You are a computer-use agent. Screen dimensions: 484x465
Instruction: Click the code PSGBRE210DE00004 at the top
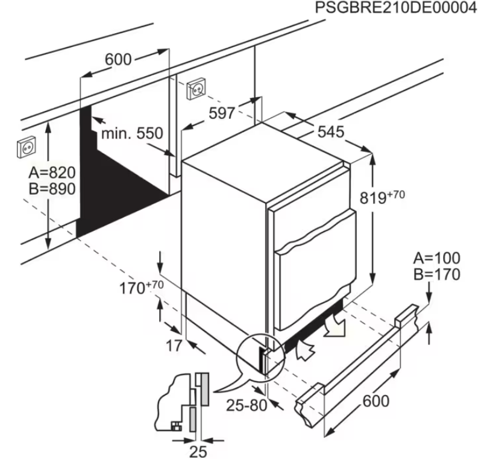pyautogui.click(x=396, y=8)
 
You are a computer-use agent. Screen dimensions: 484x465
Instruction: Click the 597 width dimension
pyautogui.click(x=222, y=113)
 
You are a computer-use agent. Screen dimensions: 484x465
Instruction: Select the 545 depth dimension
pyautogui.click(x=330, y=132)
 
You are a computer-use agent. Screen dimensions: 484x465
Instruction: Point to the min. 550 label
pyautogui.click(x=132, y=133)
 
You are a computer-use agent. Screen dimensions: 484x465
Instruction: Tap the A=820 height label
pyautogui.click(x=52, y=172)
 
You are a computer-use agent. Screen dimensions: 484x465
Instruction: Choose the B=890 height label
pyautogui.click(x=52, y=189)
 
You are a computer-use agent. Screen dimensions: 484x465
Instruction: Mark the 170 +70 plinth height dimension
pyautogui.click(x=142, y=287)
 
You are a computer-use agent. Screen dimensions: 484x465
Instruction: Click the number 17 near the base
pyautogui.click(x=174, y=346)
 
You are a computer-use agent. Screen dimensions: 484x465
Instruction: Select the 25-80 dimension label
pyautogui.click(x=247, y=405)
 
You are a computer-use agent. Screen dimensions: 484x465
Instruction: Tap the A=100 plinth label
pyautogui.click(x=437, y=258)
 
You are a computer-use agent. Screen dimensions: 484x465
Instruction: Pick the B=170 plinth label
pyautogui.click(x=437, y=274)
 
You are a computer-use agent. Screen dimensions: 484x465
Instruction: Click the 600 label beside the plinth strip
pyautogui.click(x=376, y=401)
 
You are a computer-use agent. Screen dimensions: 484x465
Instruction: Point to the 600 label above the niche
pyautogui.click(x=118, y=59)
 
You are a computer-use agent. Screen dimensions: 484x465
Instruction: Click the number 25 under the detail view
pyautogui.click(x=198, y=452)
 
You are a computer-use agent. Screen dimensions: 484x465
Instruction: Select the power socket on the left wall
pyautogui.click(x=27, y=147)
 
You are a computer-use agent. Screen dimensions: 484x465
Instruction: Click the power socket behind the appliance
pyautogui.click(x=196, y=89)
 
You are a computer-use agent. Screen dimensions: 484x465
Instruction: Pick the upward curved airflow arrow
pyautogui.click(x=305, y=349)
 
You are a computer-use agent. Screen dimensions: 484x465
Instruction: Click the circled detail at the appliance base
pyautogui.click(x=261, y=358)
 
